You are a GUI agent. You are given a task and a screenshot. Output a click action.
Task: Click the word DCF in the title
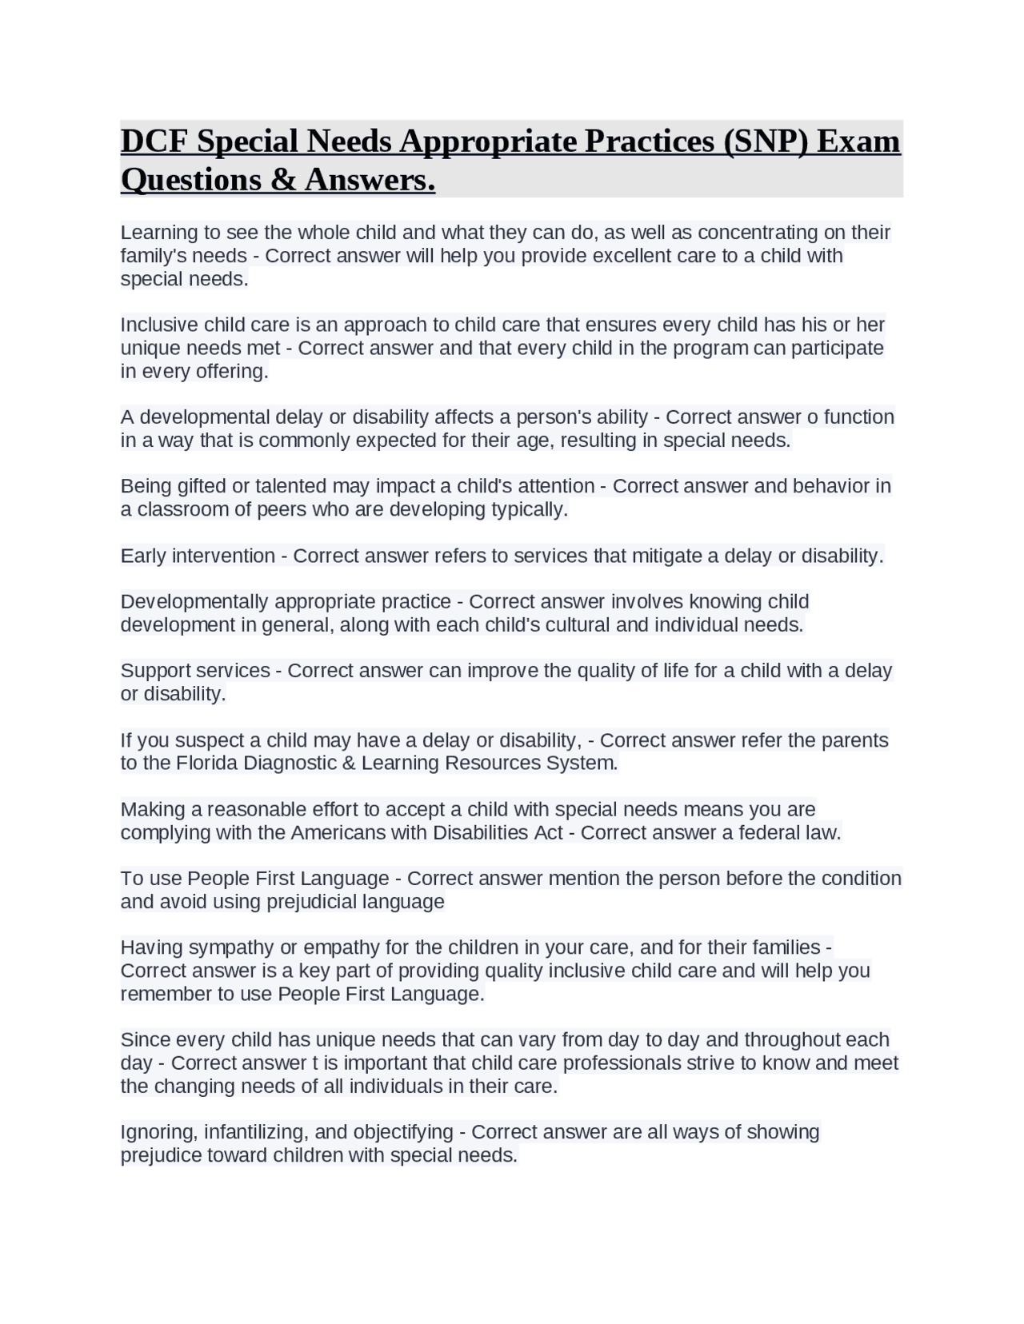155,142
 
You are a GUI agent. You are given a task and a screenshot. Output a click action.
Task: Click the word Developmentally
206,601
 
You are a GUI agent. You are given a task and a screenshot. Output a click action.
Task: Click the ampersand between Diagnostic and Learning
348,763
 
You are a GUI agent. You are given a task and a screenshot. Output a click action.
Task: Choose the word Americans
339,832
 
